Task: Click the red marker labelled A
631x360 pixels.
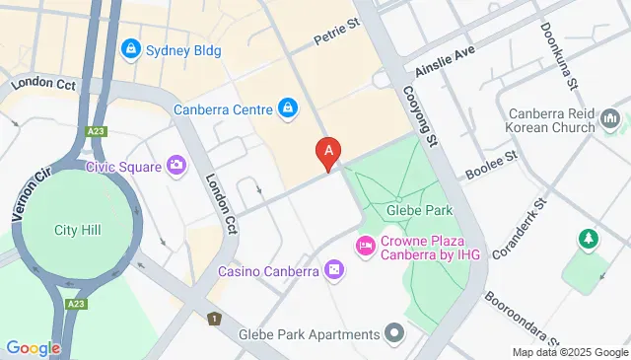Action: point(328,152)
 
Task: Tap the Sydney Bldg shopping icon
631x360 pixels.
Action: point(129,48)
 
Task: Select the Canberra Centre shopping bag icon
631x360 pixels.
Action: point(287,108)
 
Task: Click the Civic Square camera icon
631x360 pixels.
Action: point(176,166)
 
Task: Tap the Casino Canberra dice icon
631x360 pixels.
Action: point(334,270)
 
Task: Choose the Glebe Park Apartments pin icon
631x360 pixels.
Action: point(394,333)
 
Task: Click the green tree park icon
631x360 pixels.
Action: point(590,239)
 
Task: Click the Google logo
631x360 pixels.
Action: point(33,347)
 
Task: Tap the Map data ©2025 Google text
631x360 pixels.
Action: point(570,352)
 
